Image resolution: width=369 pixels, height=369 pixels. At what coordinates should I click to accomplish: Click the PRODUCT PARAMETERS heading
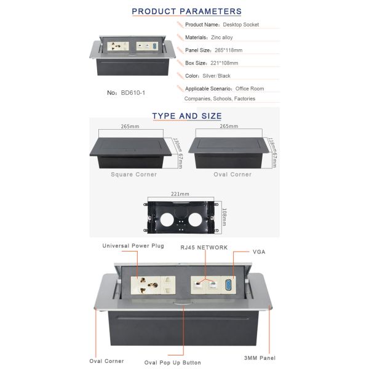[x=186, y=11]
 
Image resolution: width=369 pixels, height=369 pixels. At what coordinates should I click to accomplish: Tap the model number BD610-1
[x=133, y=93]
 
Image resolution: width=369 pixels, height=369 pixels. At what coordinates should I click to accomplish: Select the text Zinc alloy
[x=221, y=38]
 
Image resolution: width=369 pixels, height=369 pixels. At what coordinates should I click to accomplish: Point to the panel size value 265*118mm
[x=228, y=50]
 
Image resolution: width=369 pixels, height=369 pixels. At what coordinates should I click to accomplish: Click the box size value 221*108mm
[x=224, y=63]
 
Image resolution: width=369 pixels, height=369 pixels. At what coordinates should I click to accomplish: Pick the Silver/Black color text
[x=216, y=76]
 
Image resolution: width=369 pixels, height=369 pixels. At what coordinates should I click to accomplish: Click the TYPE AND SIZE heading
[x=187, y=116]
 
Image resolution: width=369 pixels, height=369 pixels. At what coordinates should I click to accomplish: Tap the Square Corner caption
[x=134, y=175]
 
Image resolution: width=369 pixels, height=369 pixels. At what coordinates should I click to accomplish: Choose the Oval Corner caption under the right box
[x=232, y=175]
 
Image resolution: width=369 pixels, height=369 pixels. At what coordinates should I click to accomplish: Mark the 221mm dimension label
[x=180, y=194]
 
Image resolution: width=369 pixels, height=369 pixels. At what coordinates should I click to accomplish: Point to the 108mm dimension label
[x=224, y=216]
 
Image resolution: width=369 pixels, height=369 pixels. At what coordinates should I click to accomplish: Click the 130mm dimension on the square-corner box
[x=178, y=145]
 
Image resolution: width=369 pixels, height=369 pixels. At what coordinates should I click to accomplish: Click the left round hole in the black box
[x=167, y=220]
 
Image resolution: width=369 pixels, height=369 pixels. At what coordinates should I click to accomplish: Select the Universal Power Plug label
[x=133, y=245]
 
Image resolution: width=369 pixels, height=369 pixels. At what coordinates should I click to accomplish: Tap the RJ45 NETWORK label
[x=204, y=248]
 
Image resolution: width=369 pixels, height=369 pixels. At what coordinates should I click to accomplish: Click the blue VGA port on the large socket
[x=228, y=285]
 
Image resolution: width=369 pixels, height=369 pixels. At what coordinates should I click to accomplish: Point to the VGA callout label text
[x=259, y=252]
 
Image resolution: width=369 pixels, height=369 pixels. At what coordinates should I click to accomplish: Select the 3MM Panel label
[x=260, y=358]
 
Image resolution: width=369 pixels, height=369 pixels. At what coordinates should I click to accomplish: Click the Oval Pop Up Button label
[x=172, y=362]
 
